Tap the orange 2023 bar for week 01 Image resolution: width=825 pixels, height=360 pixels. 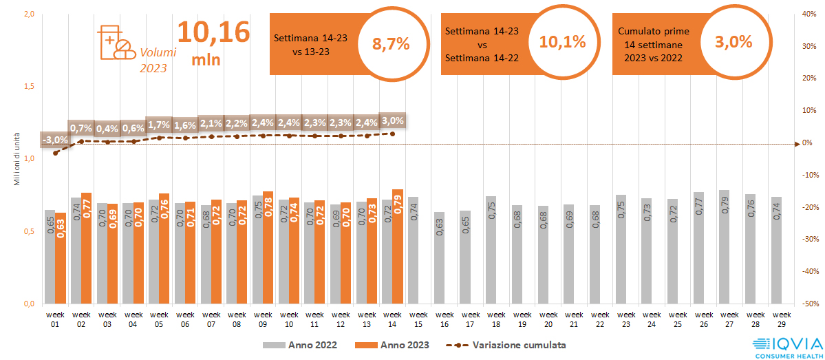coord(61,258)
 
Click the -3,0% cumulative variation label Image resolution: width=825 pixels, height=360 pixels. coord(55,140)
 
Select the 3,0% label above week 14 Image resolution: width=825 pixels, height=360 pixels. coord(392,121)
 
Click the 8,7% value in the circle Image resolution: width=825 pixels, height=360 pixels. coord(390,43)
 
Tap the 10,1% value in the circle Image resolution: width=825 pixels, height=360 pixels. coord(562,41)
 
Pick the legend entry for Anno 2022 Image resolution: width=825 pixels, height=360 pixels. coord(299,345)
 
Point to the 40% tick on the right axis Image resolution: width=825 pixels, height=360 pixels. coord(810,14)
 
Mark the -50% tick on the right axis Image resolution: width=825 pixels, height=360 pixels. coord(810,304)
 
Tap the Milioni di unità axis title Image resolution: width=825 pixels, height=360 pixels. coord(17,160)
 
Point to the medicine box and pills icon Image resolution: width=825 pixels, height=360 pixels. coord(116,43)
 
